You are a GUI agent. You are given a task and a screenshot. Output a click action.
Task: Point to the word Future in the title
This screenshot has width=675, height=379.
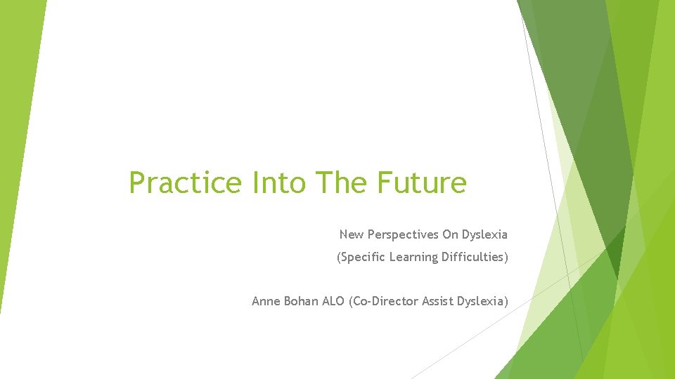422,183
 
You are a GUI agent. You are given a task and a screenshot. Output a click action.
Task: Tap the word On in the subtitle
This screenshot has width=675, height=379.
450,234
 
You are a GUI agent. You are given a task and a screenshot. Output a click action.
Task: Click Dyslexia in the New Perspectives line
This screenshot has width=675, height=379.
485,234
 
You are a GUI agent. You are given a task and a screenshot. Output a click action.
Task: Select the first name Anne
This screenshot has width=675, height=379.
266,301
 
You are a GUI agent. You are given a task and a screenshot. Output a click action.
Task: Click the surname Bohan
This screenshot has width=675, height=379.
301,301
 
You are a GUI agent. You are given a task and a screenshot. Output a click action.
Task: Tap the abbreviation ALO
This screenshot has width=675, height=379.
333,301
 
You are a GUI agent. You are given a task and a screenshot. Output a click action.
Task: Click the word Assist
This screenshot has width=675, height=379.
437,301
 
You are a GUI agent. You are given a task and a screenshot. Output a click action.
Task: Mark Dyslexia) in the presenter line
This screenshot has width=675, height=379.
482,301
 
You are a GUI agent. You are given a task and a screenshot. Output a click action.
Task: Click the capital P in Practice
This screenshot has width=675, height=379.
138,183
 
